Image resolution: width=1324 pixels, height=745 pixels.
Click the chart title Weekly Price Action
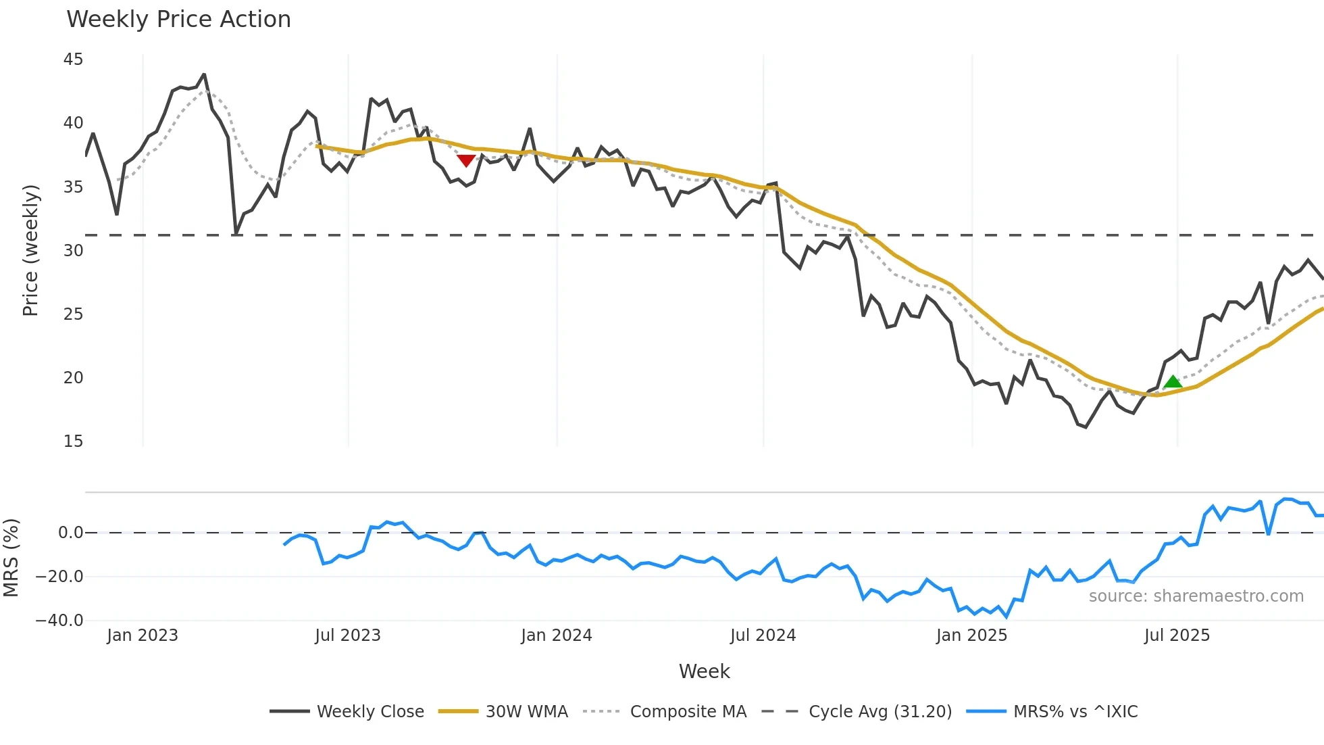(178, 20)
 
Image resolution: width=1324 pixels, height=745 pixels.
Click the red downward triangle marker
(466, 160)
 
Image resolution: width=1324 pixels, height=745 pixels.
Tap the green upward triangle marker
(1173, 382)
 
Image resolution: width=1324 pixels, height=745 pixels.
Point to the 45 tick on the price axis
(73, 59)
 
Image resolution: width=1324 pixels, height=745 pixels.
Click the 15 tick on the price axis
(73, 441)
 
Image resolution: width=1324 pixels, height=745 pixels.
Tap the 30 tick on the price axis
(73, 251)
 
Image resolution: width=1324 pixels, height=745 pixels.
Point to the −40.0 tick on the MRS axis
(59, 621)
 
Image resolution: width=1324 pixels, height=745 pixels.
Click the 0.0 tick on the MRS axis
(70, 533)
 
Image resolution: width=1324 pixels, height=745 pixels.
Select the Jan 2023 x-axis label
(143, 635)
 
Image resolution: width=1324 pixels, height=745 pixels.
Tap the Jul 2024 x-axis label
(763, 635)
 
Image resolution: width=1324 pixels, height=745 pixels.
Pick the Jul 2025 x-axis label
(1177, 635)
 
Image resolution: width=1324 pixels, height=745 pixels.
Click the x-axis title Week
(704, 671)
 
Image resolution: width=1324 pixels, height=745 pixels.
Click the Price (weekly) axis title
(30, 250)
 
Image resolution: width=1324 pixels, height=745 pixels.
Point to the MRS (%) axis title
(11, 558)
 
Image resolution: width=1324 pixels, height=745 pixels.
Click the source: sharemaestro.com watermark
(1196, 596)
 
